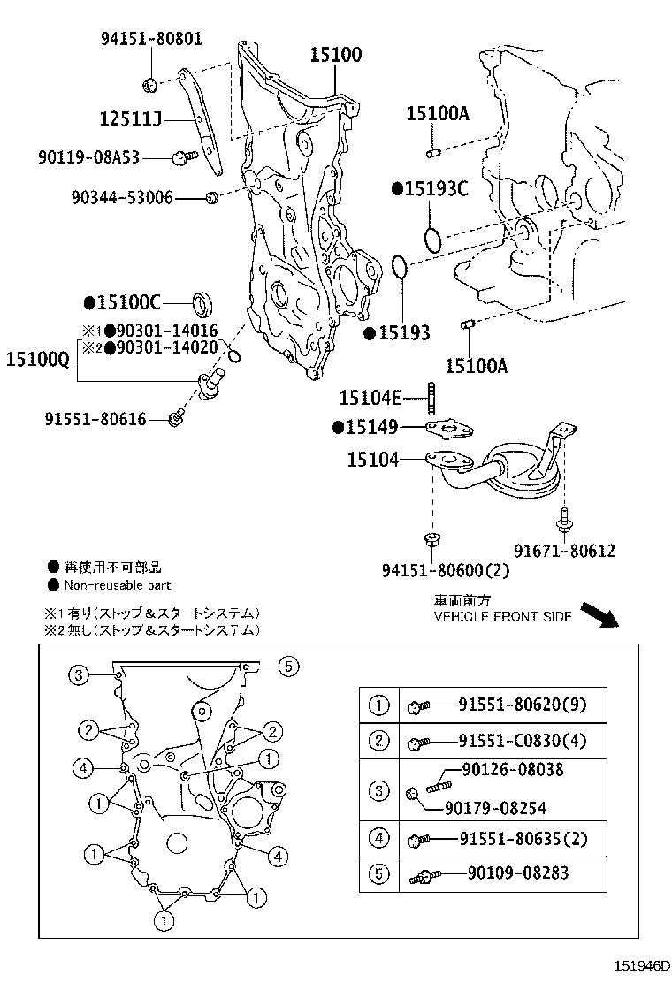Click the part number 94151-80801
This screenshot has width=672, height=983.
(x=150, y=38)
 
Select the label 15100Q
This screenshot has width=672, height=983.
(x=38, y=359)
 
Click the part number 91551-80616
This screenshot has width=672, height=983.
(x=95, y=418)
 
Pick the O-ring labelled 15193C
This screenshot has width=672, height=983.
(x=432, y=239)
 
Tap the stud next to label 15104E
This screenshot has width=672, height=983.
(x=433, y=398)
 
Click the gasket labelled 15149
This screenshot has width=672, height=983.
(x=449, y=429)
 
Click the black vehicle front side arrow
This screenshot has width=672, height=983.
(x=607, y=615)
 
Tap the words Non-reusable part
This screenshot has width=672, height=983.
(x=117, y=585)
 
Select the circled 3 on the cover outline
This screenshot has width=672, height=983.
(x=78, y=675)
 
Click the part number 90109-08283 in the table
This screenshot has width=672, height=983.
(x=517, y=873)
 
